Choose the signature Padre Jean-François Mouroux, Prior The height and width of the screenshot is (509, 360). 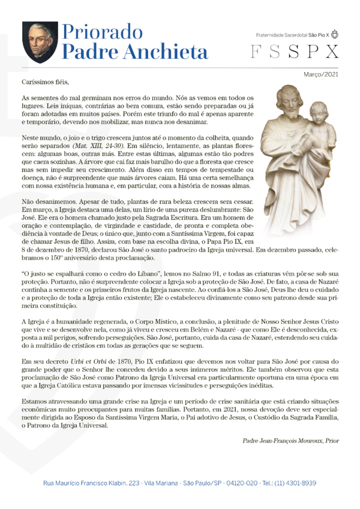click(291, 441)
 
